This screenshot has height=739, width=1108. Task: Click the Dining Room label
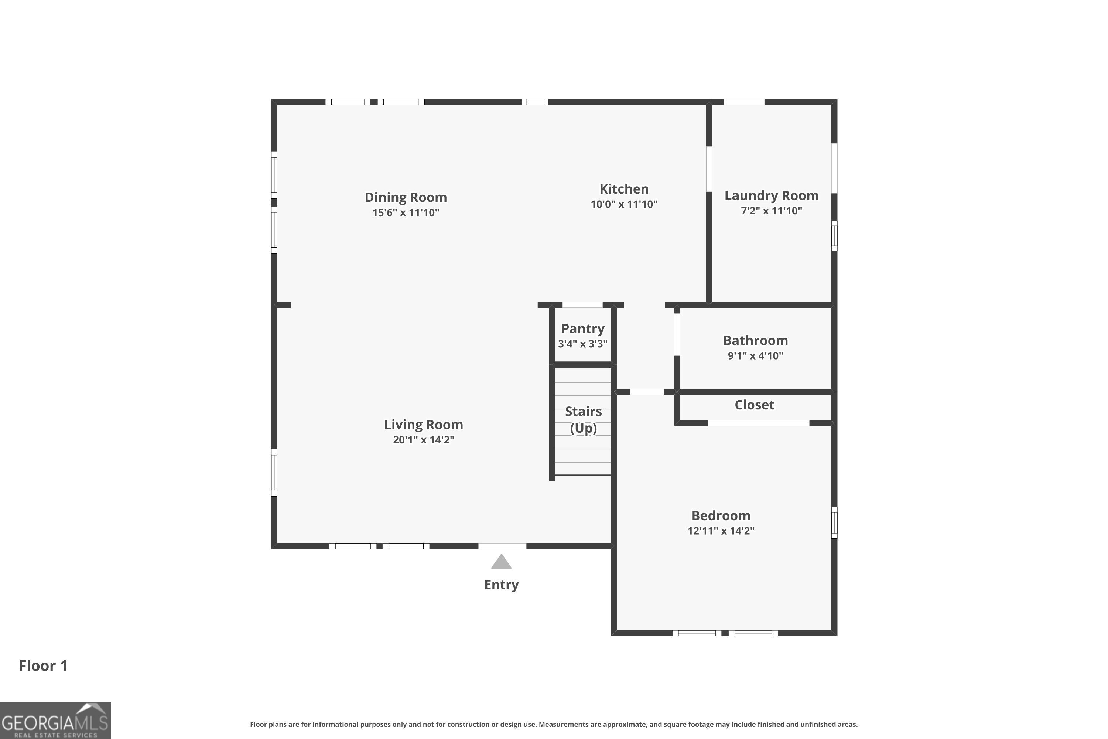[x=406, y=197]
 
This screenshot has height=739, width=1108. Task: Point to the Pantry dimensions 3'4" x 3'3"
[x=583, y=344]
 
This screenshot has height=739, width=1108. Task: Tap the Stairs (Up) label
[x=583, y=419]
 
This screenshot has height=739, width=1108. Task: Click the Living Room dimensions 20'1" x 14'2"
[x=424, y=440]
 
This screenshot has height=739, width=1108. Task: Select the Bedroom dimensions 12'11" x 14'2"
[x=721, y=531]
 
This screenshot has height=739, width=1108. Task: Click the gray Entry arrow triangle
[x=501, y=562]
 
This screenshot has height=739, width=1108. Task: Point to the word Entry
[x=501, y=585]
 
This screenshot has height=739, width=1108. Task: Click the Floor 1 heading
[x=43, y=665]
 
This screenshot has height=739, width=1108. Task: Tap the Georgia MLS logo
[x=55, y=720]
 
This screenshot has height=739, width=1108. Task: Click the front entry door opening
[x=502, y=546]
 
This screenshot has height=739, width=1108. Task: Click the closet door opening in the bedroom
[x=759, y=423]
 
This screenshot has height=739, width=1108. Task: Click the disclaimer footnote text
[x=554, y=724]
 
